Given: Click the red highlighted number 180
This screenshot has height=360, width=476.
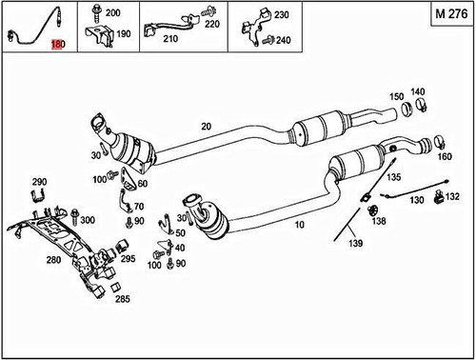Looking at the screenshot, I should [58, 46].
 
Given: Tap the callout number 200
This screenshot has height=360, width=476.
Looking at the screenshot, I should [112, 13].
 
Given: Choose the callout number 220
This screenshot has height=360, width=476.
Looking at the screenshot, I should [211, 23].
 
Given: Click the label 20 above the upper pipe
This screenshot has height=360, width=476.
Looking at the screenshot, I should [207, 126].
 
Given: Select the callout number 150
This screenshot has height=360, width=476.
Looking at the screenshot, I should [396, 97].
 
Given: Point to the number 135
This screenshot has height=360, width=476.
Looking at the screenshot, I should [394, 177].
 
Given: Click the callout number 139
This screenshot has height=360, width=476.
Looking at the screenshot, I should [356, 243].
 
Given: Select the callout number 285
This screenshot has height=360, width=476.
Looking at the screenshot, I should [123, 299].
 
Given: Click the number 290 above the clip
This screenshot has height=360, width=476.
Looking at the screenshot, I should [39, 181].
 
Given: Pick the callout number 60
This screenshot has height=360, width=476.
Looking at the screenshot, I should [142, 184].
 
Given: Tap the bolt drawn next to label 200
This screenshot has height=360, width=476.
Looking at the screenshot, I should [96, 13].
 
